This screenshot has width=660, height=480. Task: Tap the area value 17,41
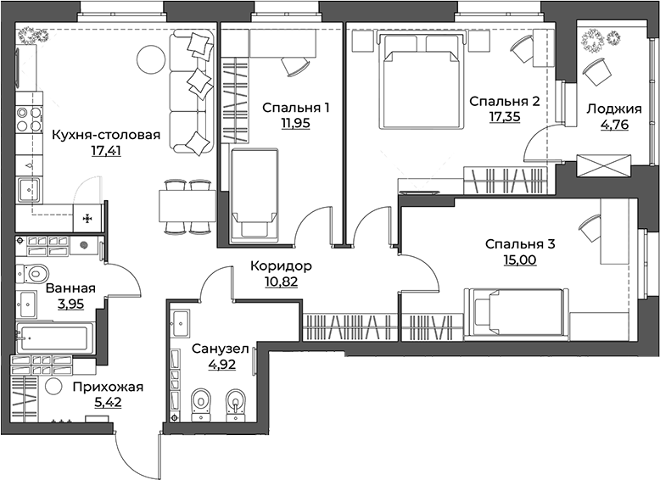pyautogui.click(x=105, y=152)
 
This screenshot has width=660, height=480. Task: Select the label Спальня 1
pyautogui.click(x=295, y=107)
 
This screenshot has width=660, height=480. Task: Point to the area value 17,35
pyautogui.click(x=505, y=117)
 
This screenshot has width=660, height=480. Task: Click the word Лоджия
pyautogui.click(x=607, y=107)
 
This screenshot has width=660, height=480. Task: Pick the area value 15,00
pyautogui.click(x=518, y=260)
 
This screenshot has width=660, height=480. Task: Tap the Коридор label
pyautogui.click(x=281, y=265)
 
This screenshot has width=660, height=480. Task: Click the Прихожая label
pyautogui.click(x=107, y=388)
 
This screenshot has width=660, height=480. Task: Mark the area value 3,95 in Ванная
pyautogui.click(x=70, y=304)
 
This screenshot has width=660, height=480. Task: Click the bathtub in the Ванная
pyautogui.click(x=53, y=338)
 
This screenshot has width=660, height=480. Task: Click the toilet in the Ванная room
pyautogui.click(x=36, y=273)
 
